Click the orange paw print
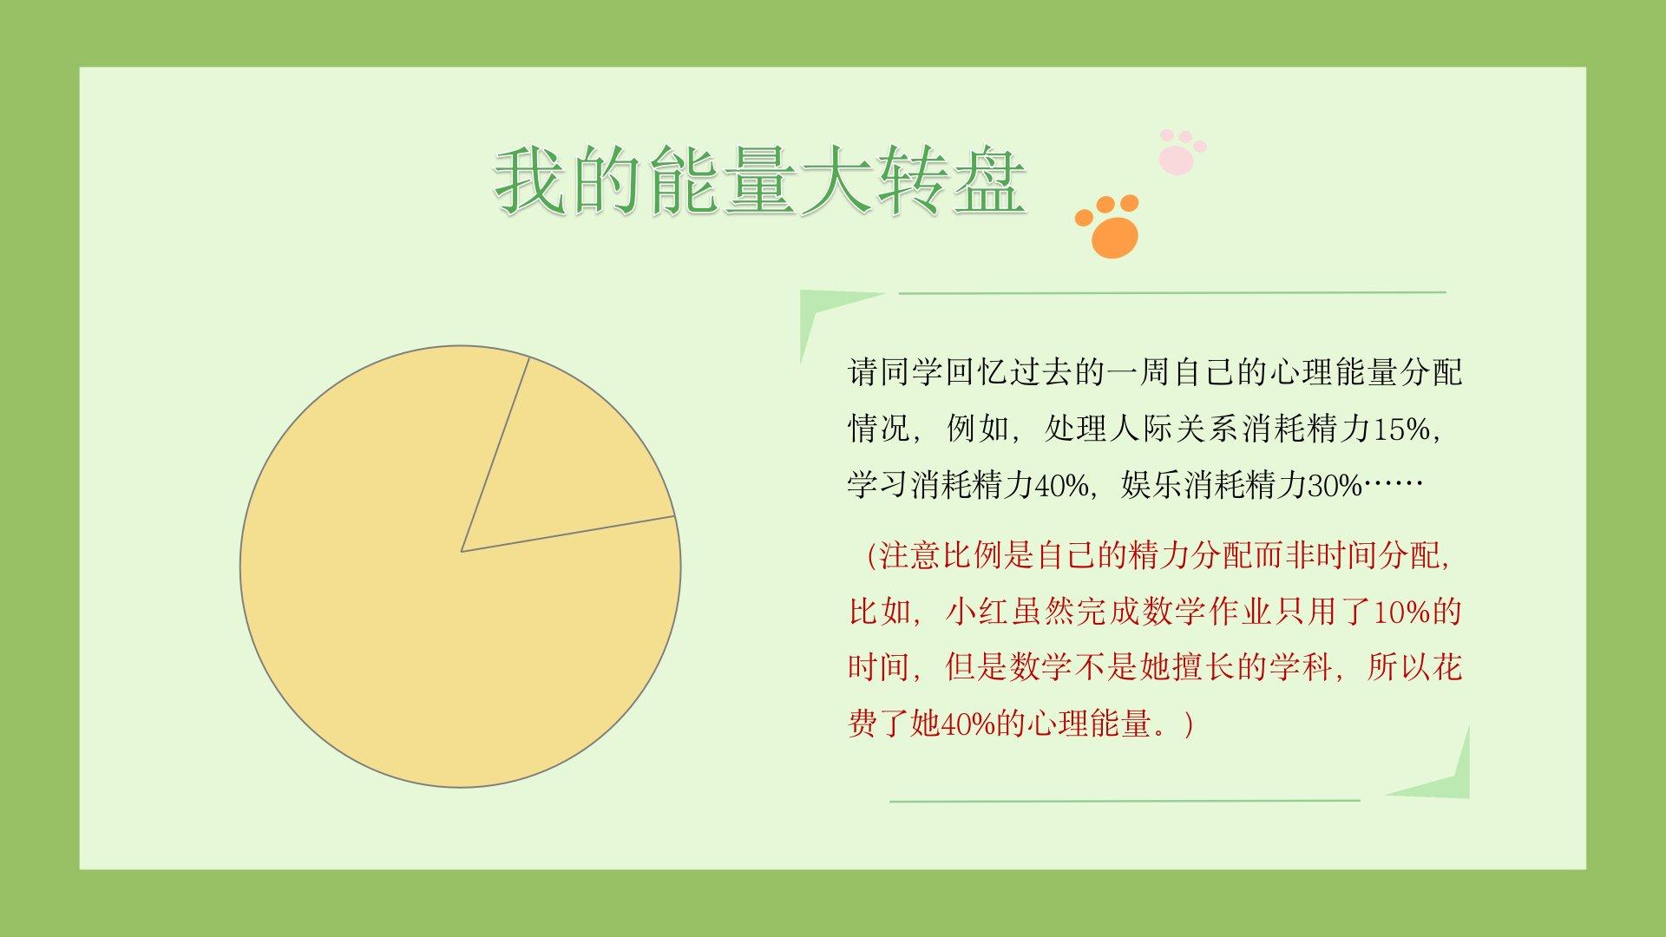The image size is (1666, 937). pos(1109,226)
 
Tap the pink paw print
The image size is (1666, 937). pos(1181,153)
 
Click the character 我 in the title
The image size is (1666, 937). pos(531,181)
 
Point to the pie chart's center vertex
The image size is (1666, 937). pos(462,551)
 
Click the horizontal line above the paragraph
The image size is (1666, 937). pos(1172,293)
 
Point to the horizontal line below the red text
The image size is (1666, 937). pos(1125,801)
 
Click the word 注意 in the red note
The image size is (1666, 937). pos(911,555)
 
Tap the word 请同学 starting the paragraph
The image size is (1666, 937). pos(895,372)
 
